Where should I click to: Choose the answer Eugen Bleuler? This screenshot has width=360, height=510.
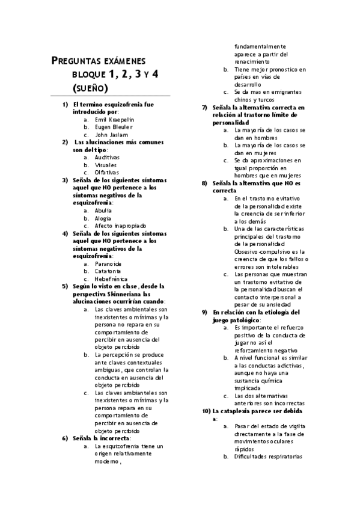tap(114, 127)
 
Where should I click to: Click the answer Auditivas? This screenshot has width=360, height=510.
tap(107, 157)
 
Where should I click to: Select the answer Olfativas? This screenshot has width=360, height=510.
tap(107, 172)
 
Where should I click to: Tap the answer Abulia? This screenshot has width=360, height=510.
tap(103, 210)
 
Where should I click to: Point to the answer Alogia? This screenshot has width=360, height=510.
tap(103, 218)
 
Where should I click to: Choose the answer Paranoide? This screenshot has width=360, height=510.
tap(108, 263)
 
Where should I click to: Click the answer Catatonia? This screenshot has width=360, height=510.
tap(108, 271)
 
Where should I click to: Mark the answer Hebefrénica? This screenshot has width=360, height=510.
tap(111, 279)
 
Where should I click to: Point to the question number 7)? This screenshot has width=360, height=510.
tap(205, 107)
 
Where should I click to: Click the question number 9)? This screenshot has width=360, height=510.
tap(205, 312)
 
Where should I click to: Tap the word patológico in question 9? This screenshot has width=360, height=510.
tap(242, 320)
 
